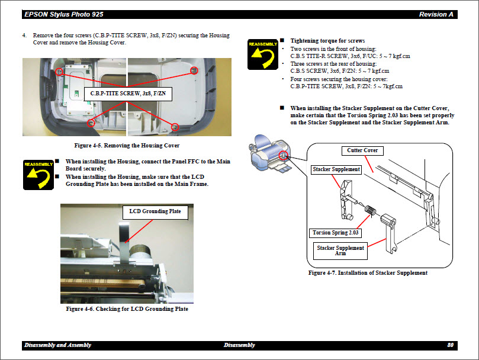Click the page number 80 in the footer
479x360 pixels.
[x=451, y=345]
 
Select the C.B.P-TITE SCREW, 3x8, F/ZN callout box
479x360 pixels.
[x=128, y=94]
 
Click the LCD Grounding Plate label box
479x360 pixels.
[x=155, y=211]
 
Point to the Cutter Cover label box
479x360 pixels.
[x=362, y=150]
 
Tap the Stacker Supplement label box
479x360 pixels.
[x=336, y=169]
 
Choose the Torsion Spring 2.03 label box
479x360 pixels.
[x=336, y=233]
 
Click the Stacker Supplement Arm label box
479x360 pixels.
[x=340, y=250]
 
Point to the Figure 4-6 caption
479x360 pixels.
[x=127, y=309]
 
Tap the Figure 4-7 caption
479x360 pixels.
[x=368, y=273]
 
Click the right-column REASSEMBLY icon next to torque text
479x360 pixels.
[x=263, y=53]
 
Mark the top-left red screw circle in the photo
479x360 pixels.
[x=59, y=71]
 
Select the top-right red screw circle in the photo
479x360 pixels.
[x=194, y=70]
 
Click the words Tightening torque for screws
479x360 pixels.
[x=327, y=40]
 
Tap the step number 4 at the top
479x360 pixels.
[x=25, y=36]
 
